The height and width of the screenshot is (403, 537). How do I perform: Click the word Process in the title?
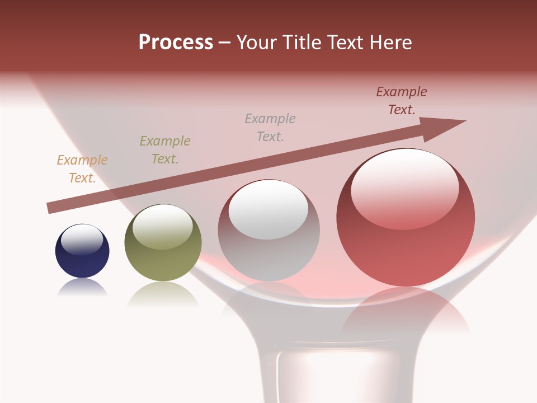pos(176,43)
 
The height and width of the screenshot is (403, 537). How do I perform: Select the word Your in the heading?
pos(258,43)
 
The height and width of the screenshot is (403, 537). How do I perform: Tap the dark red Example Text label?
pos(402,101)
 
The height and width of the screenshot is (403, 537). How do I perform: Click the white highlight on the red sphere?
pos(404,188)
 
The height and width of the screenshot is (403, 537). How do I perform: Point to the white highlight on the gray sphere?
pos(268,210)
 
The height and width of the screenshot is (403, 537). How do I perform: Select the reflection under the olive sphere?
pos(163,294)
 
